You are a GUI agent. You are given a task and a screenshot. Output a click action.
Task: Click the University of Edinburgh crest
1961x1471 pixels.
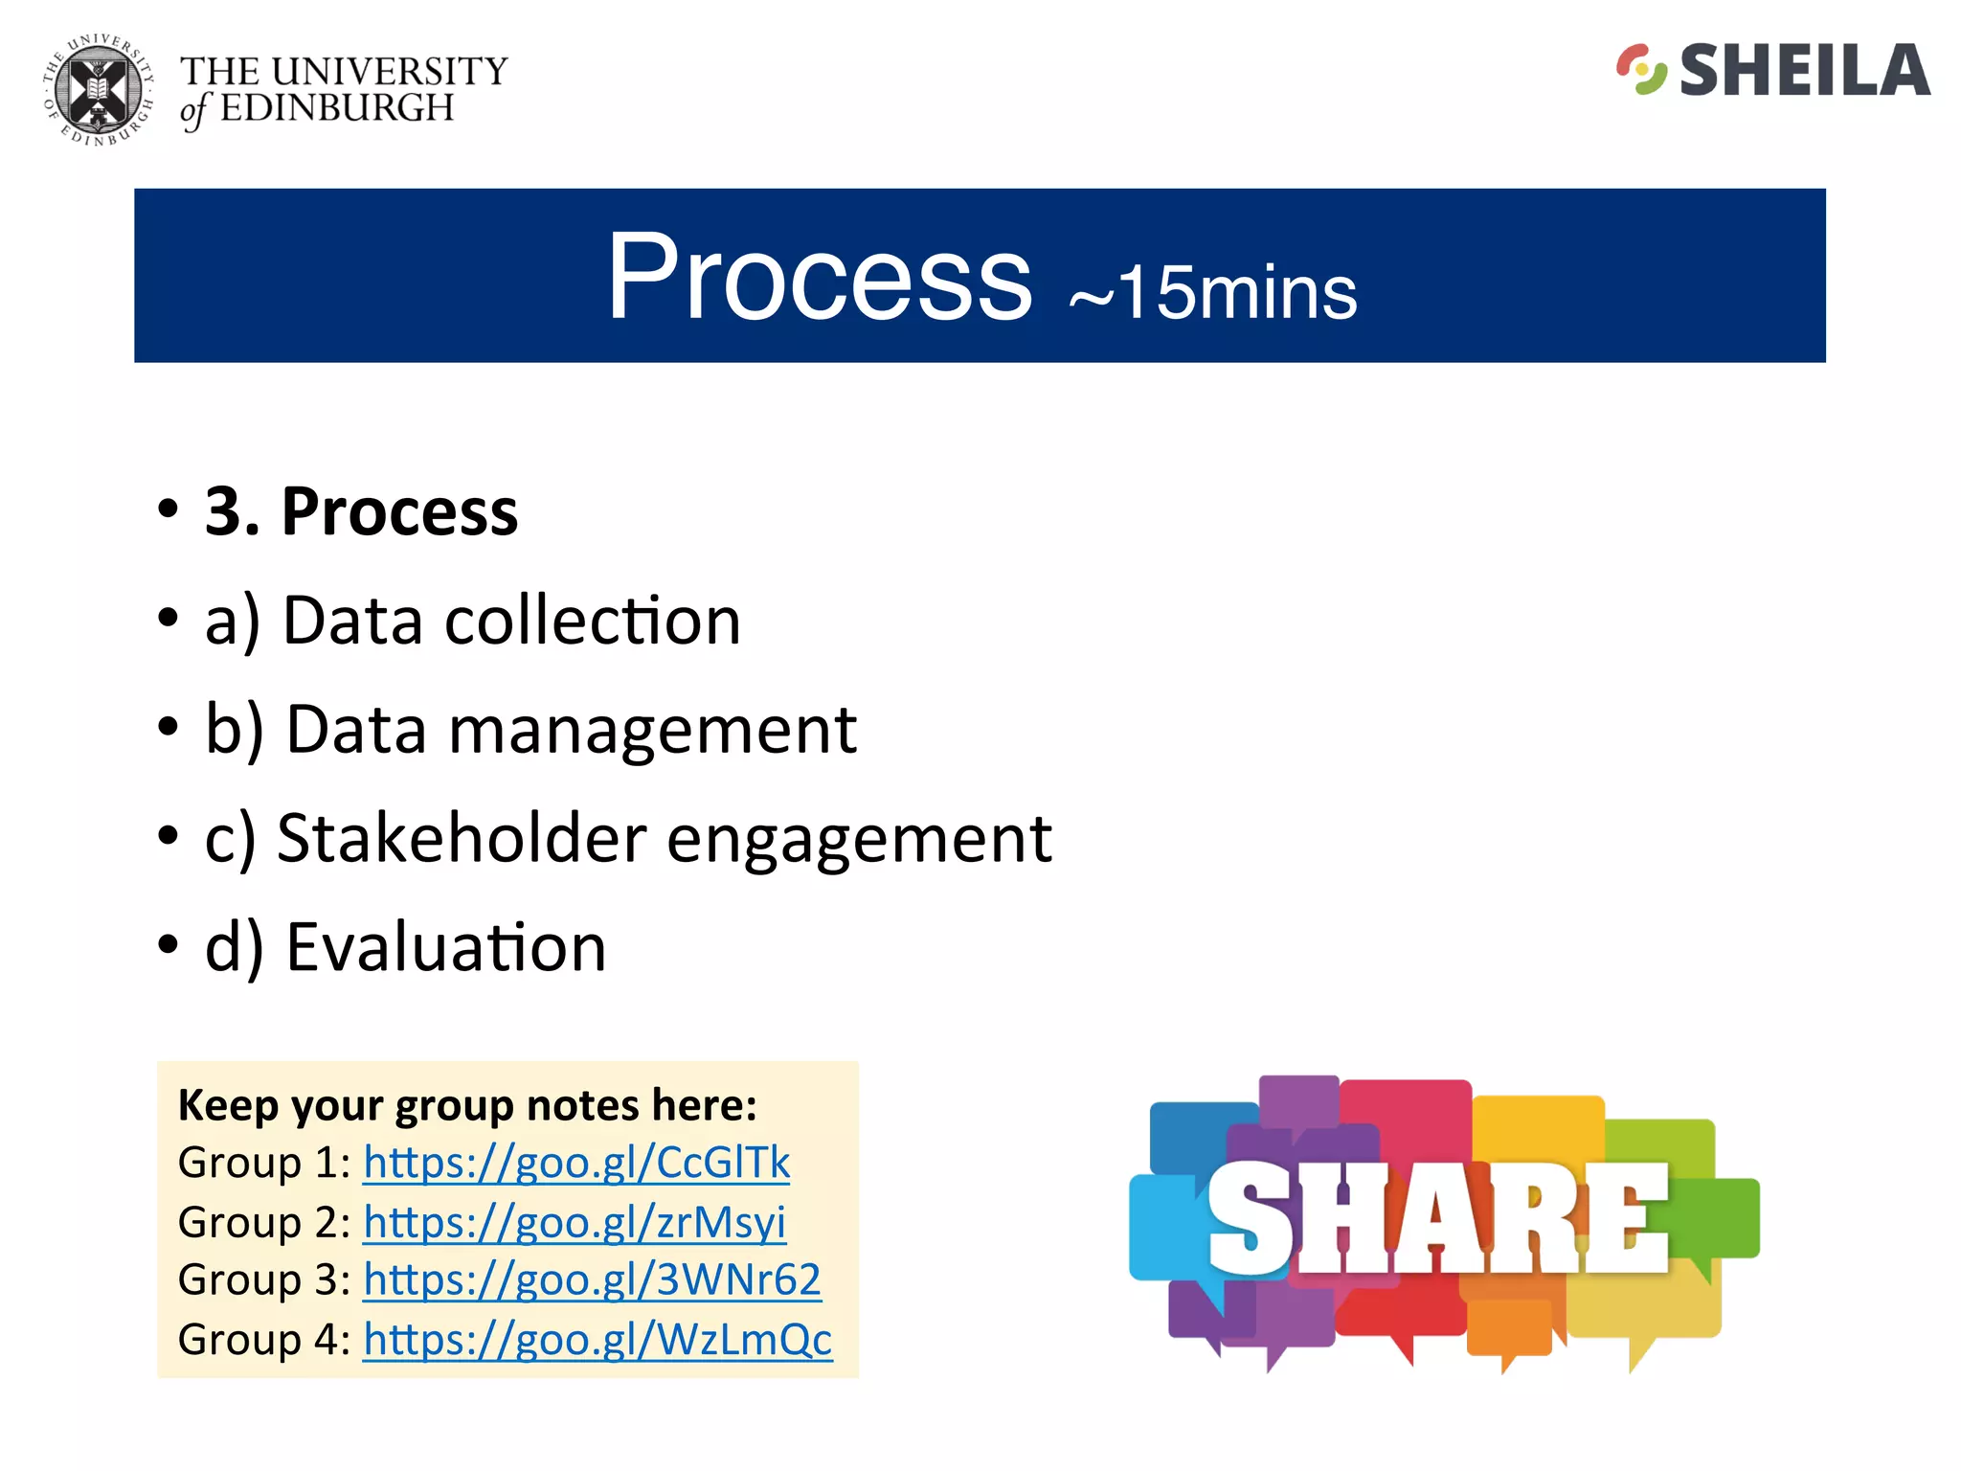pos(98,91)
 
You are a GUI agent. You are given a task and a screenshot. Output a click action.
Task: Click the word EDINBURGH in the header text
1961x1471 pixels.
pos(337,108)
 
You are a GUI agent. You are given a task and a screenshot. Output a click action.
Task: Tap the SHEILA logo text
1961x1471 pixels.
pos(1804,71)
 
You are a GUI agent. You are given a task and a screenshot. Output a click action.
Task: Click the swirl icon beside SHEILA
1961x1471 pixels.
pos(1641,69)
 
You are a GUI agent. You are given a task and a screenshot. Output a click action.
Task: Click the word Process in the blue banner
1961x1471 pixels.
pos(820,278)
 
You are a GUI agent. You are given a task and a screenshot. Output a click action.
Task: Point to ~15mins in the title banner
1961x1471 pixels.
pos(1212,292)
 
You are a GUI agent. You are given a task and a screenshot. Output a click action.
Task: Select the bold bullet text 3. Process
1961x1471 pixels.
pos(361,511)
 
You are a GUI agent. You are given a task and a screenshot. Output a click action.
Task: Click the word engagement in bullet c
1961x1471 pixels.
pos(859,839)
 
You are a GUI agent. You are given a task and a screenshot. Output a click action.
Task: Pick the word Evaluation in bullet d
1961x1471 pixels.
pos(446,948)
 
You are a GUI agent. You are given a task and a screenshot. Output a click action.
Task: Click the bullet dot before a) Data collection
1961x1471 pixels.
pos(169,619)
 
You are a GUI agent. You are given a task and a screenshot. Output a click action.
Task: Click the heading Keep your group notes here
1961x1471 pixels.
pos(467,1105)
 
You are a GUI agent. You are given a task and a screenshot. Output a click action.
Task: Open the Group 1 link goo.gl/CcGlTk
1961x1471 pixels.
pos(576,1163)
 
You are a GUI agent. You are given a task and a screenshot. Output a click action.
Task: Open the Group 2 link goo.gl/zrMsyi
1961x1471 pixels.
pos(575,1222)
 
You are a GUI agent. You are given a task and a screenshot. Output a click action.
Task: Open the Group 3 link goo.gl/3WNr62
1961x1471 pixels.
pos(592,1279)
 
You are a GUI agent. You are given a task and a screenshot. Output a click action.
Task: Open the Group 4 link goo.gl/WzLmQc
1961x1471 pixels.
pos(597,1339)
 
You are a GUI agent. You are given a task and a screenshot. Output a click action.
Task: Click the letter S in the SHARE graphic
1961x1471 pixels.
pos(1249,1218)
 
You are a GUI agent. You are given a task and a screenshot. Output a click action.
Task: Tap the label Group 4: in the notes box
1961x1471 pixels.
pos(263,1339)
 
